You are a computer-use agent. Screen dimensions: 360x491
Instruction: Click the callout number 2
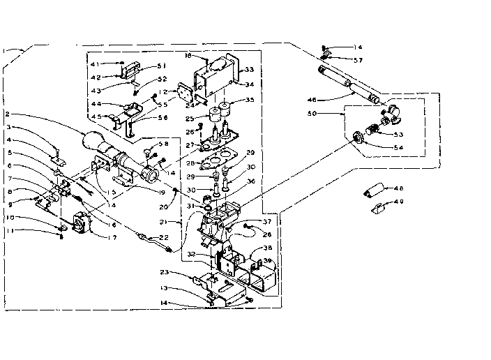6,114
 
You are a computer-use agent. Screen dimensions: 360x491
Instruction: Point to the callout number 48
399,188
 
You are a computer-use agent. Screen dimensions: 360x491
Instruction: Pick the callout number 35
250,100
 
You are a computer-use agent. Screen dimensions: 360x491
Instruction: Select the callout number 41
95,64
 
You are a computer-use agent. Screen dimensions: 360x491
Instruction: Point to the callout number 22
165,238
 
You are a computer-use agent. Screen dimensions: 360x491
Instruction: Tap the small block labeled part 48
374,190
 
